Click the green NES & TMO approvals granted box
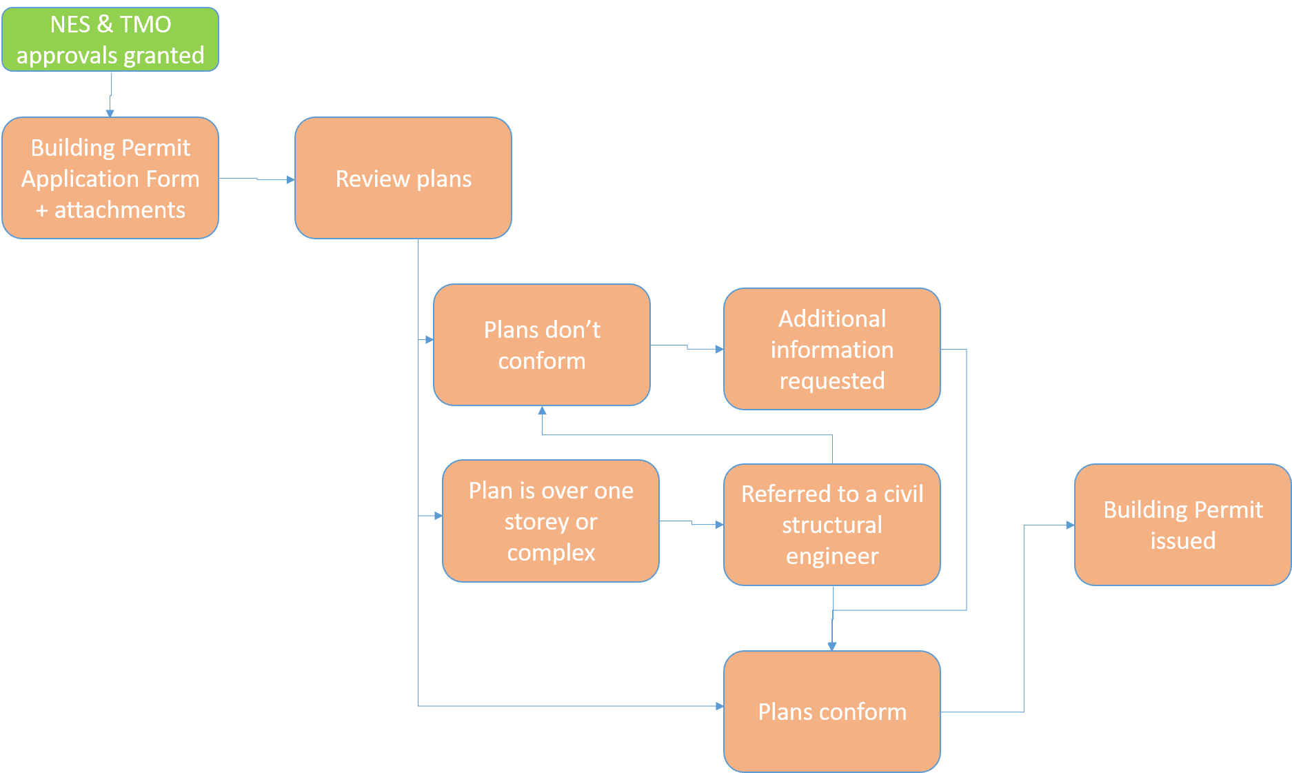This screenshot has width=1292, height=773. (x=110, y=39)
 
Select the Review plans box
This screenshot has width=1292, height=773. (x=403, y=178)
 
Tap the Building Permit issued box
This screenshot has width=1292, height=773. (x=1182, y=525)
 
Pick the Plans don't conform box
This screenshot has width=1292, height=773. (x=542, y=345)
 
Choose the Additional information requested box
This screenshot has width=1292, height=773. (x=832, y=349)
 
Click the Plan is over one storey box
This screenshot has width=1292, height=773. (x=551, y=521)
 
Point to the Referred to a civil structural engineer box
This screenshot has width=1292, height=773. (x=832, y=525)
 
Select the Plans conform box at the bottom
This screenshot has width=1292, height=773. (x=832, y=712)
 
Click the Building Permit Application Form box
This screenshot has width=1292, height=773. (x=110, y=178)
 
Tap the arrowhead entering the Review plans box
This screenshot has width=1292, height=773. (x=291, y=180)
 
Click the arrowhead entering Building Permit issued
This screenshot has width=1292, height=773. (x=1070, y=525)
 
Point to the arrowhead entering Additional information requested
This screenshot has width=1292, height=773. (x=719, y=350)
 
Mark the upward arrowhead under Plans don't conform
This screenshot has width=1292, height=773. (x=543, y=410)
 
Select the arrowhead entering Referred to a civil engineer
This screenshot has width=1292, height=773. (x=719, y=525)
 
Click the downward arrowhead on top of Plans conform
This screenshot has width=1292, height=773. (x=832, y=646)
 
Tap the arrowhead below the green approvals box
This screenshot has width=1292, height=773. (x=110, y=113)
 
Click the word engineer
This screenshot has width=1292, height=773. (x=832, y=556)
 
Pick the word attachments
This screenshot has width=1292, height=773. (x=120, y=210)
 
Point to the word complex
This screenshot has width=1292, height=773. (x=551, y=552)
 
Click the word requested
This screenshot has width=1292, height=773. (x=832, y=381)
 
